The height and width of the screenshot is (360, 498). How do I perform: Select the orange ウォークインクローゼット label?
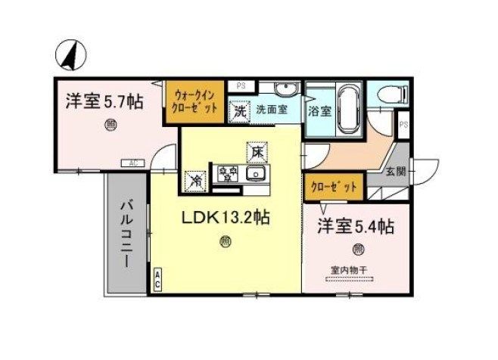196,101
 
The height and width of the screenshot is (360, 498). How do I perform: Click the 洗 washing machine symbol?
239,111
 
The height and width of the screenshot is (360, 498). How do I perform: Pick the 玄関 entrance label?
395,171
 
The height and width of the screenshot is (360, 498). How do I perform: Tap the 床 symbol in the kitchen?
257,152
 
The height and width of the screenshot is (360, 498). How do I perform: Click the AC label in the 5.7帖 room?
132,163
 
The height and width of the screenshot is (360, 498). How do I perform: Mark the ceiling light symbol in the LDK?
226,242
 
